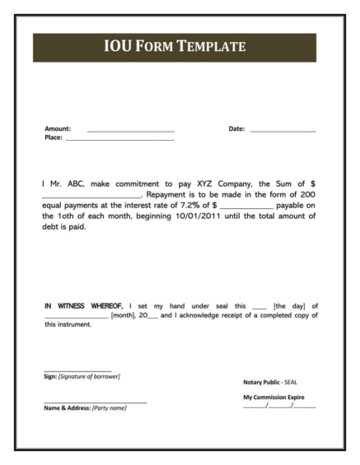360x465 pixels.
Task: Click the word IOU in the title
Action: (119, 47)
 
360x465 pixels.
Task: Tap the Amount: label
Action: (57, 129)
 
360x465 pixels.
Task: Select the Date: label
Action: (236, 129)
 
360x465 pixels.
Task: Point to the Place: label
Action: (53, 137)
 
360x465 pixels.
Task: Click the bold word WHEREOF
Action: (105, 306)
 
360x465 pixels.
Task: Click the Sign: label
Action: (49, 376)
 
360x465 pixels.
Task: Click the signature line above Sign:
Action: (77, 370)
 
